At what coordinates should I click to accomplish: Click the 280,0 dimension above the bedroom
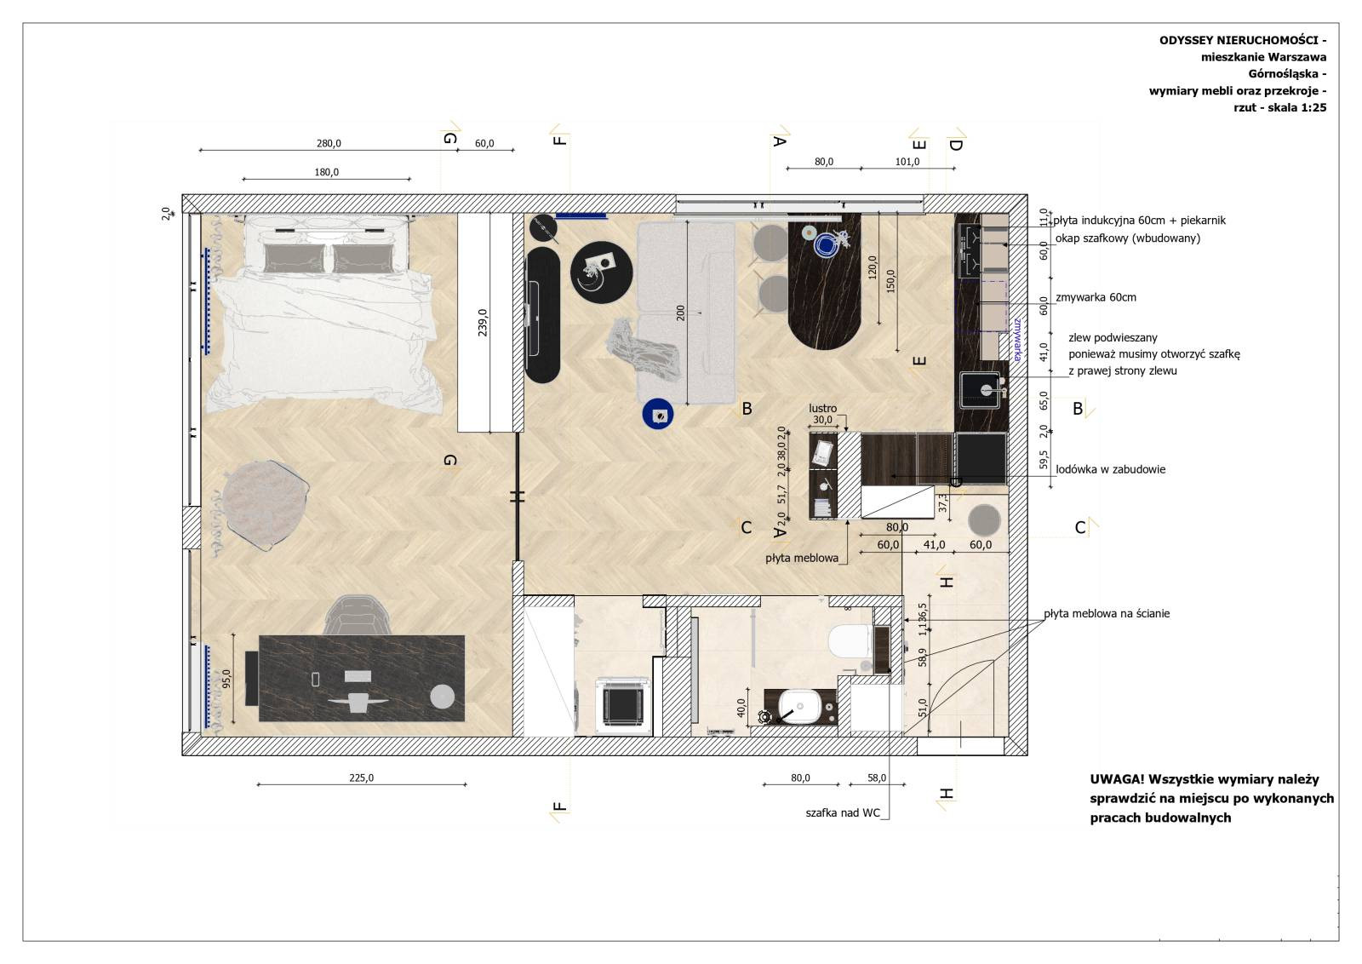coord(329,144)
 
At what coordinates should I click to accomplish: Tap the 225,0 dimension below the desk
coord(361,778)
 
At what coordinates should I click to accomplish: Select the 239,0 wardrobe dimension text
coord(482,323)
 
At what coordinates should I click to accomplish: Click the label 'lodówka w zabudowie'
coord(1110,469)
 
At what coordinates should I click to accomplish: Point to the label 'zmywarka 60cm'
coord(1096,297)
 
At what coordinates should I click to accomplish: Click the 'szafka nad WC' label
coord(843,813)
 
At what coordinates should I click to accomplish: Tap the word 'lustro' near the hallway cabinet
coord(822,408)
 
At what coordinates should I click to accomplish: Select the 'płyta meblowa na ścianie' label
coord(1107,614)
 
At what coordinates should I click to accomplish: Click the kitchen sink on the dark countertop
coord(980,390)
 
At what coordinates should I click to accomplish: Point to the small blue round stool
coord(657,415)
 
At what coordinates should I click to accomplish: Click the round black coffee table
coord(601,272)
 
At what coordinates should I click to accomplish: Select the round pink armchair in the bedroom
coord(265,504)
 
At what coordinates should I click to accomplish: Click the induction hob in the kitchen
coord(970,250)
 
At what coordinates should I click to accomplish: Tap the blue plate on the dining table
coord(827,245)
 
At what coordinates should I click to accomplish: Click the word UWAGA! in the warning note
coord(1116,780)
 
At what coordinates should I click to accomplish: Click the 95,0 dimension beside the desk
coord(226,679)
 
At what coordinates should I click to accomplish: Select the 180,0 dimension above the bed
coord(327,172)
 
